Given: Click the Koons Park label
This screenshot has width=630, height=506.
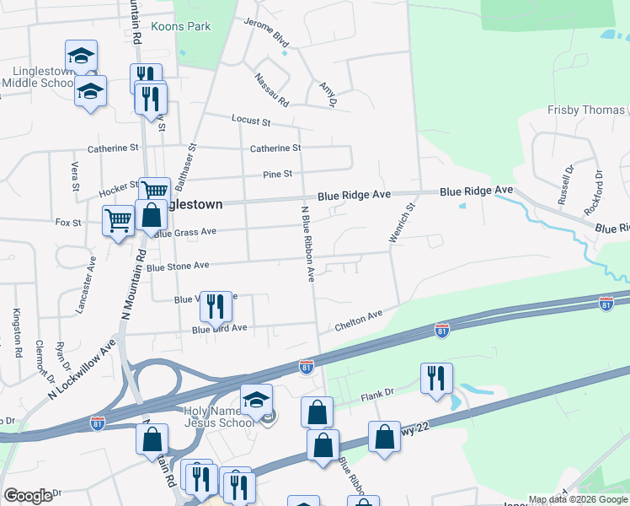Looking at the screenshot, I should pos(180,27).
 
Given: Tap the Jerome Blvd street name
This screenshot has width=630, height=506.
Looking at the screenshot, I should pos(266,33).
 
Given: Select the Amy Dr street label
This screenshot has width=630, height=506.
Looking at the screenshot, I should pos(328,94).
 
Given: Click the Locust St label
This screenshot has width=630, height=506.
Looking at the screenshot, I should pos(251,121).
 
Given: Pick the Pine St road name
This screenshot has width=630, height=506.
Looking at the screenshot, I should pos(277,175).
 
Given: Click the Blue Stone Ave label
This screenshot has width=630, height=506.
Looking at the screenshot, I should pos(177,266).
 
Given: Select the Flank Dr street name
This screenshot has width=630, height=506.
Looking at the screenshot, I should pos(377,392).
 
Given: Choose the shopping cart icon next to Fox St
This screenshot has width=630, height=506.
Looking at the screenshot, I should pos(119,222).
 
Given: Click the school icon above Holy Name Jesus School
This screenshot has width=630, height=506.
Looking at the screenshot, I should pos(256,400).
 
